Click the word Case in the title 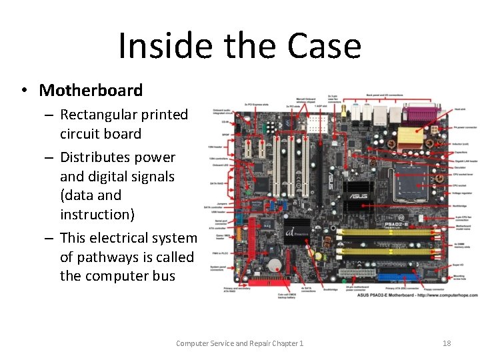[x=324, y=47]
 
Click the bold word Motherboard [x=91, y=91]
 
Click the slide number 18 [x=447, y=343]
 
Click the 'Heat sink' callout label [x=459, y=109]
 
